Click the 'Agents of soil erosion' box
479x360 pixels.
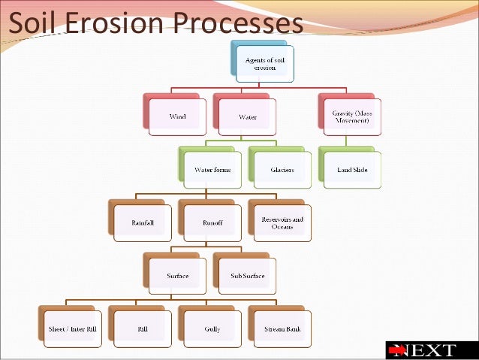coord(264,63)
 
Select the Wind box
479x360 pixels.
coord(177,116)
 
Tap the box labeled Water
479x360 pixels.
coord(247,116)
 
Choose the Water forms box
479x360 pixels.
coord(212,169)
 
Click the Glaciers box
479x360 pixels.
coord(282,169)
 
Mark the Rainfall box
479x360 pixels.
coord(143,222)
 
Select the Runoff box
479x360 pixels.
coord(212,222)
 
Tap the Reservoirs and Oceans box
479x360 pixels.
coord(282,222)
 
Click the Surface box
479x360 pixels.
coord(177,276)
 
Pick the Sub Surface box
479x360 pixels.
coord(247,276)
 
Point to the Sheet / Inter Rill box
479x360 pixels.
coord(73,328)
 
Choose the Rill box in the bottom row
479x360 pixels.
coord(143,328)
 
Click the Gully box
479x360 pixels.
coord(212,328)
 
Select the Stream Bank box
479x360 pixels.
coord(282,328)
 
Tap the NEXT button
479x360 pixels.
coord(432,350)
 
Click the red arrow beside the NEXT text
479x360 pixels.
coord(399,350)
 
